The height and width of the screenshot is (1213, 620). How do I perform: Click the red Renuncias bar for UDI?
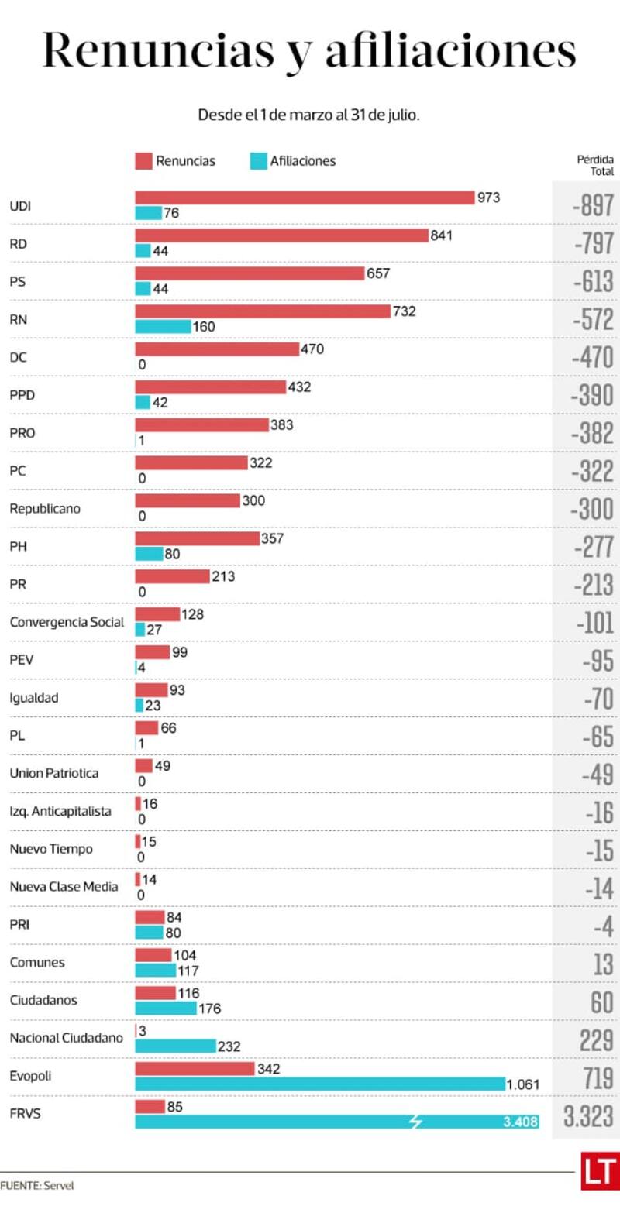point(304,198)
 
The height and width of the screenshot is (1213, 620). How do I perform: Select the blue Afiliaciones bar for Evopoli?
point(319,1084)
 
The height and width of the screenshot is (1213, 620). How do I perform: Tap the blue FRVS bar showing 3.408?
point(336,1122)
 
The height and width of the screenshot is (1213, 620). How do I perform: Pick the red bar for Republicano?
point(188,500)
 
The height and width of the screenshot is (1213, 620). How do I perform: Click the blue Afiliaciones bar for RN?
point(163,326)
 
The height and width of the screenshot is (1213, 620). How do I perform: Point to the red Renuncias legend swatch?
point(143,161)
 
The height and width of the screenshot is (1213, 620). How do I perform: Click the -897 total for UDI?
point(593,206)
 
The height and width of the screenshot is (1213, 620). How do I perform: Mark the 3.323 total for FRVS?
point(588,1116)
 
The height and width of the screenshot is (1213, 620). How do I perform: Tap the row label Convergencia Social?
point(67,622)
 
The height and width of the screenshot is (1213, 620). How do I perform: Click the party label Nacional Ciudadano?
point(67,1038)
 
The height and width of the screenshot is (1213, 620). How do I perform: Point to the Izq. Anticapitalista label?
point(60,811)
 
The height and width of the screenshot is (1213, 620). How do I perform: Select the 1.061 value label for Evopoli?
point(524,1084)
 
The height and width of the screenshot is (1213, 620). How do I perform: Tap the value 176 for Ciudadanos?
point(210,1009)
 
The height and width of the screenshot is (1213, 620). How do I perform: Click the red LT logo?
point(599,1170)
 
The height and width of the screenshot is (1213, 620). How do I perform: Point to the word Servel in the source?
point(59,1185)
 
